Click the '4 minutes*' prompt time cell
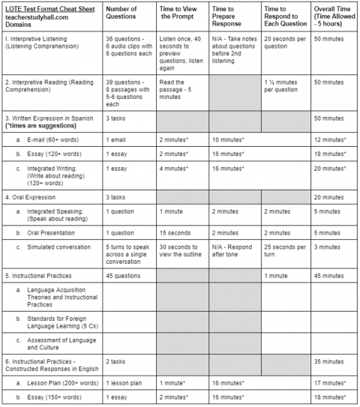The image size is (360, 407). [x=173, y=168]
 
